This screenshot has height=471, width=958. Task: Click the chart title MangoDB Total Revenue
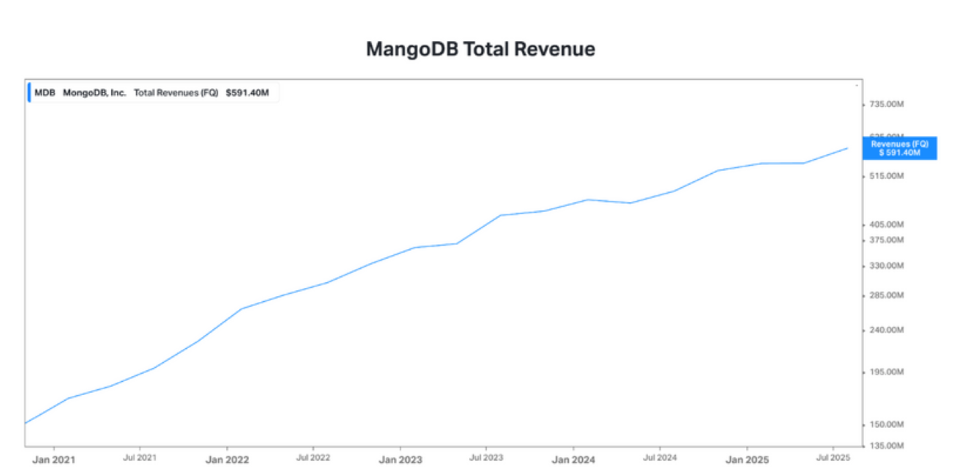tap(480, 49)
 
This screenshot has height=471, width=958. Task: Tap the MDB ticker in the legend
tap(44, 93)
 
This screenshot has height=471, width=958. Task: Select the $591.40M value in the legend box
tap(247, 93)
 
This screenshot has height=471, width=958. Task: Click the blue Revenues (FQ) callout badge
tap(899, 148)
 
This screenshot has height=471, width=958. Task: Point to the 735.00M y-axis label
tap(886, 104)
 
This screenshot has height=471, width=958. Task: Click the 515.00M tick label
tap(886, 176)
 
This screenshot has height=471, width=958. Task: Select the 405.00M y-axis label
tap(886, 225)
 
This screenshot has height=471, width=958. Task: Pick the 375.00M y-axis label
tap(886, 240)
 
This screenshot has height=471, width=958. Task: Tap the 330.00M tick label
tap(886, 266)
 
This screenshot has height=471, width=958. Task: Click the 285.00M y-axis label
tap(886, 295)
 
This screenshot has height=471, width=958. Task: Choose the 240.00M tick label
tap(886, 330)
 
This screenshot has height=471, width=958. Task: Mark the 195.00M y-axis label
tap(886, 372)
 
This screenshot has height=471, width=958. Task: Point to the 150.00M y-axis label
tap(886, 425)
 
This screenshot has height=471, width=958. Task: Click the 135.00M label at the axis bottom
tap(886, 446)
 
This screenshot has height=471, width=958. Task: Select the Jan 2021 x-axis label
tap(53, 460)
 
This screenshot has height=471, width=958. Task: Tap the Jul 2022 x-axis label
tap(313, 458)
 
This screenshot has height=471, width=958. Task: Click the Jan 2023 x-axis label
tap(400, 460)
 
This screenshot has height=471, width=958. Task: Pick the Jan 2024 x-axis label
tap(573, 460)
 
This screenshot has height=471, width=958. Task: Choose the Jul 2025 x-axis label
tap(833, 458)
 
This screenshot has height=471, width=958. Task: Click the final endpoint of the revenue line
tap(847, 148)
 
